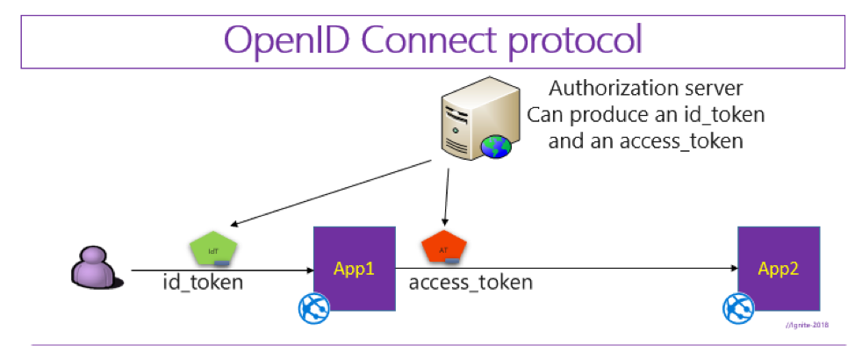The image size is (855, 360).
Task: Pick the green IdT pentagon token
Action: (213, 251)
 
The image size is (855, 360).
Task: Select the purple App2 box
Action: (779, 267)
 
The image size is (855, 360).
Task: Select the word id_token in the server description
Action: (719, 115)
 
